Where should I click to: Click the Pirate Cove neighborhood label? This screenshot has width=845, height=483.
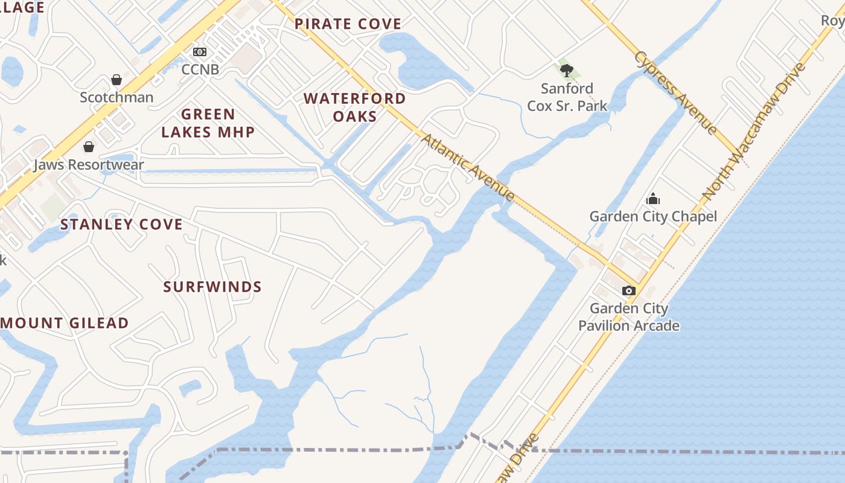click(x=348, y=24)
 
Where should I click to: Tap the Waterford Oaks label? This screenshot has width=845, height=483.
click(x=355, y=107)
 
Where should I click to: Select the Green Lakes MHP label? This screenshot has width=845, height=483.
click(x=208, y=123)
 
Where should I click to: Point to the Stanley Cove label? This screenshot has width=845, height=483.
click(x=121, y=225)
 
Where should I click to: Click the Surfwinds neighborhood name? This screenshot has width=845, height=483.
click(x=212, y=287)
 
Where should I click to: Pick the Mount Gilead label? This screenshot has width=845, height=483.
click(x=65, y=323)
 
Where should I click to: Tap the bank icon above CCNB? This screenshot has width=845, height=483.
click(x=200, y=53)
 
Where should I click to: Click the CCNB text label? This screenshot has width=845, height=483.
click(x=200, y=69)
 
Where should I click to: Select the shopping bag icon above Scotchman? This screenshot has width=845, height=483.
click(x=116, y=80)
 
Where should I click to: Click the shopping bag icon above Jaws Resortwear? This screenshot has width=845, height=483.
click(x=89, y=147)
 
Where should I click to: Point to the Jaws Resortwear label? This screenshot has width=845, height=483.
click(x=89, y=164)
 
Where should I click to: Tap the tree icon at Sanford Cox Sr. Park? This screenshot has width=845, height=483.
click(x=566, y=71)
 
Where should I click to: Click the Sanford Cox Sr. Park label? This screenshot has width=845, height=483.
click(x=567, y=97)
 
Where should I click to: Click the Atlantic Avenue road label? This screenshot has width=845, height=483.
click(x=468, y=167)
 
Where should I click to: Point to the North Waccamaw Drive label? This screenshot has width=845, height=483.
click(x=754, y=131)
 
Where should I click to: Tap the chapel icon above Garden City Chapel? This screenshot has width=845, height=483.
click(x=653, y=199)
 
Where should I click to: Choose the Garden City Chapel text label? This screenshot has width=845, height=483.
click(x=653, y=216)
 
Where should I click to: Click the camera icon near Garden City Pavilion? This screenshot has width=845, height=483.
click(x=629, y=290)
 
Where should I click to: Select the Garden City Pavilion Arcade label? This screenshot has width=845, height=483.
click(x=629, y=317)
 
